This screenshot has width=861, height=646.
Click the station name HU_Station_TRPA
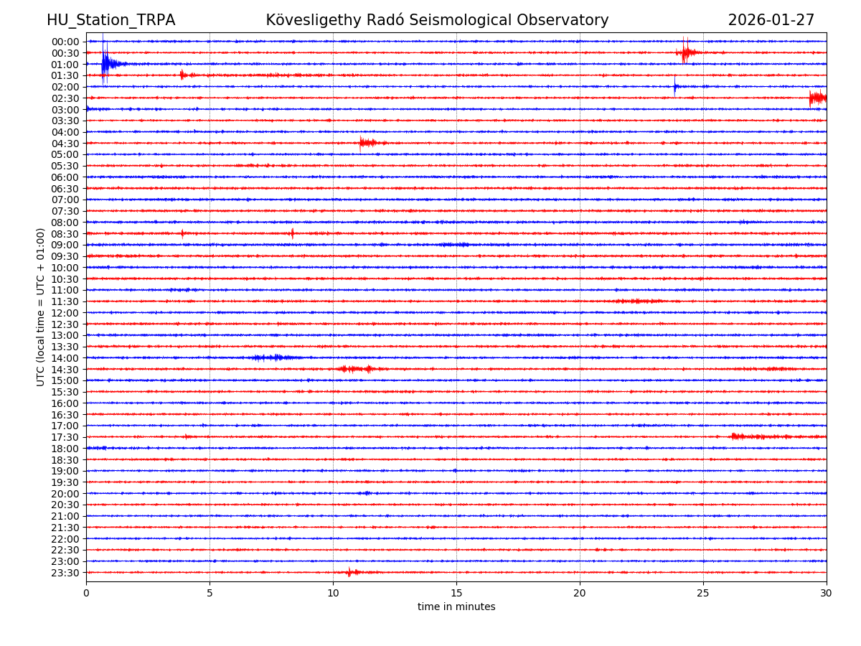click(x=110, y=20)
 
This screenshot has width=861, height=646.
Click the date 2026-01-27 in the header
click(x=771, y=20)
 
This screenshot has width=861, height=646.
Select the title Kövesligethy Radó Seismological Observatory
click(x=437, y=20)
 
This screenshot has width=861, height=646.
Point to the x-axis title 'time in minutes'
click(x=456, y=607)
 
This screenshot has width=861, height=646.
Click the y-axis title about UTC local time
click(x=41, y=306)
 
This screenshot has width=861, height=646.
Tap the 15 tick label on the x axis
click(x=456, y=593)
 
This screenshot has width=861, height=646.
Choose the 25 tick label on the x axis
click(x=703, y=593)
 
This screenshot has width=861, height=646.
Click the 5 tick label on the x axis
click(x=210, y=593)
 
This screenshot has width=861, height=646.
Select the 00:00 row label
click(x=65, y=42)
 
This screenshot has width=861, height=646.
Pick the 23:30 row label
click(x=65, y=573)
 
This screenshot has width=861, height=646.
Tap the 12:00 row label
click(x=65, y=313)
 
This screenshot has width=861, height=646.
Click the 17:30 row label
click(x=65, y=437)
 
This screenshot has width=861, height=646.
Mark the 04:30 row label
click(x=65, y=144)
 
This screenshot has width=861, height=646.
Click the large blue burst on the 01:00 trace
click(x=106, y=65)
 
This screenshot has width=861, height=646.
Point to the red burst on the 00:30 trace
click(x=686, y=52)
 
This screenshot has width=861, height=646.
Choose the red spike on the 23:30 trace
click(x=350, y=572)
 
